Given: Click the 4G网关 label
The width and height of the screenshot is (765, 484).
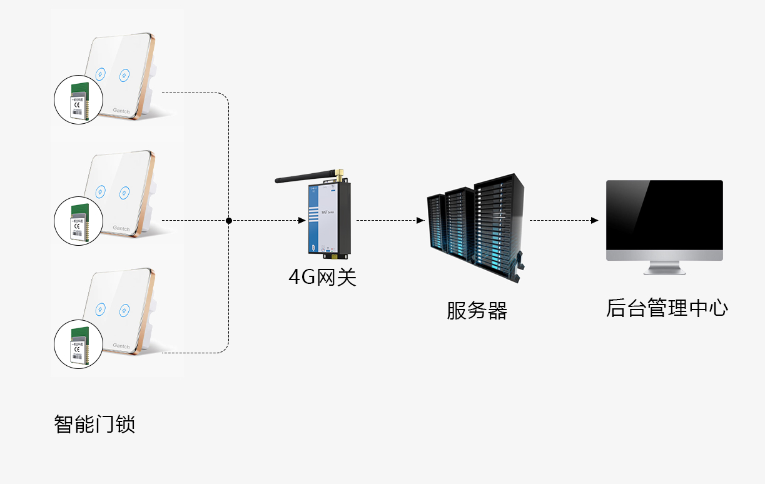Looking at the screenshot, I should click(322, 276).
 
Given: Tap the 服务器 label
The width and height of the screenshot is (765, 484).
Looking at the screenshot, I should click(477, 310).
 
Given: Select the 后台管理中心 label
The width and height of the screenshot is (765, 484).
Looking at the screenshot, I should click(667, 308).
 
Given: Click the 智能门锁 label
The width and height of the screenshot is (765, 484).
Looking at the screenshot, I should click(94, 425).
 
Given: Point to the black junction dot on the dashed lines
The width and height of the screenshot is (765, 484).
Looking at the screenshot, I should click(229, 221).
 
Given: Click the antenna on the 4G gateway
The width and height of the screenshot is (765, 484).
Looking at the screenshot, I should click(307, 178).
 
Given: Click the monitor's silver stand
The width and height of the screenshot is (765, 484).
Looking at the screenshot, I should click(664, 267).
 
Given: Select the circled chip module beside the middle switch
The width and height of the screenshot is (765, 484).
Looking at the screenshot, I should click(78, 220).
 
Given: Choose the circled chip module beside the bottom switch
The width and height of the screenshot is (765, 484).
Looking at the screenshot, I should click(78, 344).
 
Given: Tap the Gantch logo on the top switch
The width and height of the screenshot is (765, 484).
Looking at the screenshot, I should click(121, 111).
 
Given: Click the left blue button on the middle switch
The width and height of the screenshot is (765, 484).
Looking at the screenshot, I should click(100, 191).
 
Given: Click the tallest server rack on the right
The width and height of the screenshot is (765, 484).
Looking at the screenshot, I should click(497, 225).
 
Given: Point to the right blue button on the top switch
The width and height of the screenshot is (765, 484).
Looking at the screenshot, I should click(124, 74).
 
